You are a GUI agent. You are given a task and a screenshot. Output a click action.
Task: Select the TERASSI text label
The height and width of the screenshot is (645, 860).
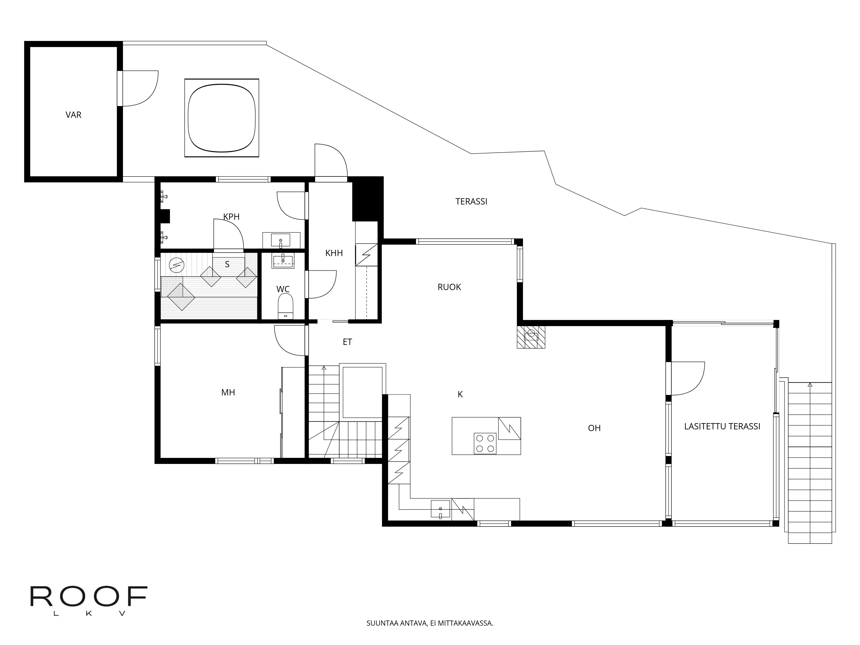click(x=471, y=201)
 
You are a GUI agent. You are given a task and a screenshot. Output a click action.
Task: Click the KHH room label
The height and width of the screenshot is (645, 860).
click(x=334, y=253)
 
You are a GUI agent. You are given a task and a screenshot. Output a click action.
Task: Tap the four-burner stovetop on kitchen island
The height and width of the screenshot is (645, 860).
click(x=485, y=443)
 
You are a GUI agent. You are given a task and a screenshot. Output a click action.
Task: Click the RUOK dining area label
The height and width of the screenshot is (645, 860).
click(x=449, y=287)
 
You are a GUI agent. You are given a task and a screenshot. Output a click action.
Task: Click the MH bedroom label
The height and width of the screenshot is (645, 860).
click(x=228, y=392)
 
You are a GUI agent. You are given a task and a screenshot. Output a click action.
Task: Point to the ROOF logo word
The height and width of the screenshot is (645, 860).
click(x=89, y=596)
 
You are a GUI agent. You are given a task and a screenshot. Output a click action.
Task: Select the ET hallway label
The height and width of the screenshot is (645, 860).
click(x=347, y=342)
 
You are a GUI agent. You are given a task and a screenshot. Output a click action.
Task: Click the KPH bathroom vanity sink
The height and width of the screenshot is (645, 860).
click(x=281, y=240)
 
